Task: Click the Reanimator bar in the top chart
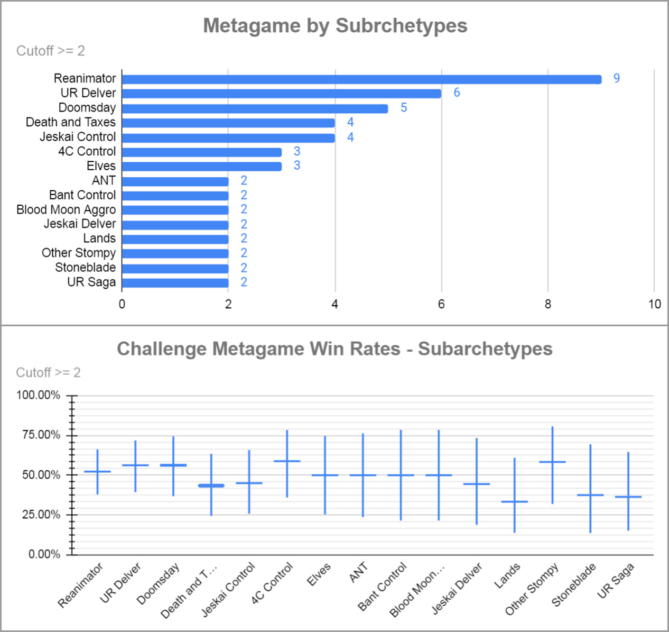pyautogui.click(x=361, y=79)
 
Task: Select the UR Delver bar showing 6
pyautogui.click(x=281, y=94)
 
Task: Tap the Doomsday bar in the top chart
pyautogui.click(x=255, y=108)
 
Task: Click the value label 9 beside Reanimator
pyautogui.click(x=616, y=78)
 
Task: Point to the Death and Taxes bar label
pyautogui.click(x=71, y=122)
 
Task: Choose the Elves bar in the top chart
pyautogui.click(x=201, y=167)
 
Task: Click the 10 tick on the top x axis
pyautogui.click(x=654, y=304)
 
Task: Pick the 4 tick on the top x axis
pyautogui.click(x=334, y=304)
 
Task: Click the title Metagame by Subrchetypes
pyautogui.click(x=335, y=25)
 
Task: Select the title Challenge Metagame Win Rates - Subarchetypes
pyautogui.click(x=334, y=349)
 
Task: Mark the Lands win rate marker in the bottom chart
pyautogui.click(x=514, y=501)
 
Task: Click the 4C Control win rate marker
pyautogui.click(x=287, y=461)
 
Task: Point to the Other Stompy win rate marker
pyautogui.click(x=552, y=462)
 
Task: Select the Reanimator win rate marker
pyautogui.click(x=97, y=471)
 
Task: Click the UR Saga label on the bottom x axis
pyautogui.click(x=616, y=581)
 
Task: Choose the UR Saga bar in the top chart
pyautogui.click(x=175, y=283)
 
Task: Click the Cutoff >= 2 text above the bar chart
pyautogui.click(x=51, y=51)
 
